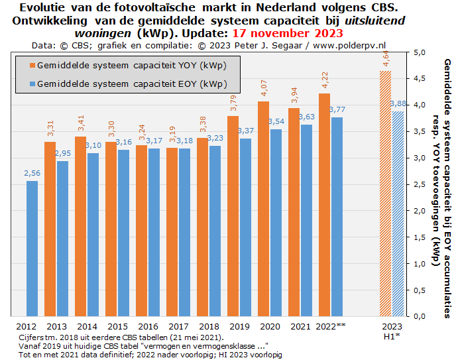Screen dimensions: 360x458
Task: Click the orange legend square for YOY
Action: [x=31, y=66]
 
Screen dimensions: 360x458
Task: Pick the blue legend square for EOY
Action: [x=31, y=84]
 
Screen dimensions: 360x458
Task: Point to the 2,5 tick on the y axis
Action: [x=419, y=184]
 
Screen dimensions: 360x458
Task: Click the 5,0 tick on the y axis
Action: [x=419, y=52]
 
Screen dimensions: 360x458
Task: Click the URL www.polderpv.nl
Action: [x=349, y=45]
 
